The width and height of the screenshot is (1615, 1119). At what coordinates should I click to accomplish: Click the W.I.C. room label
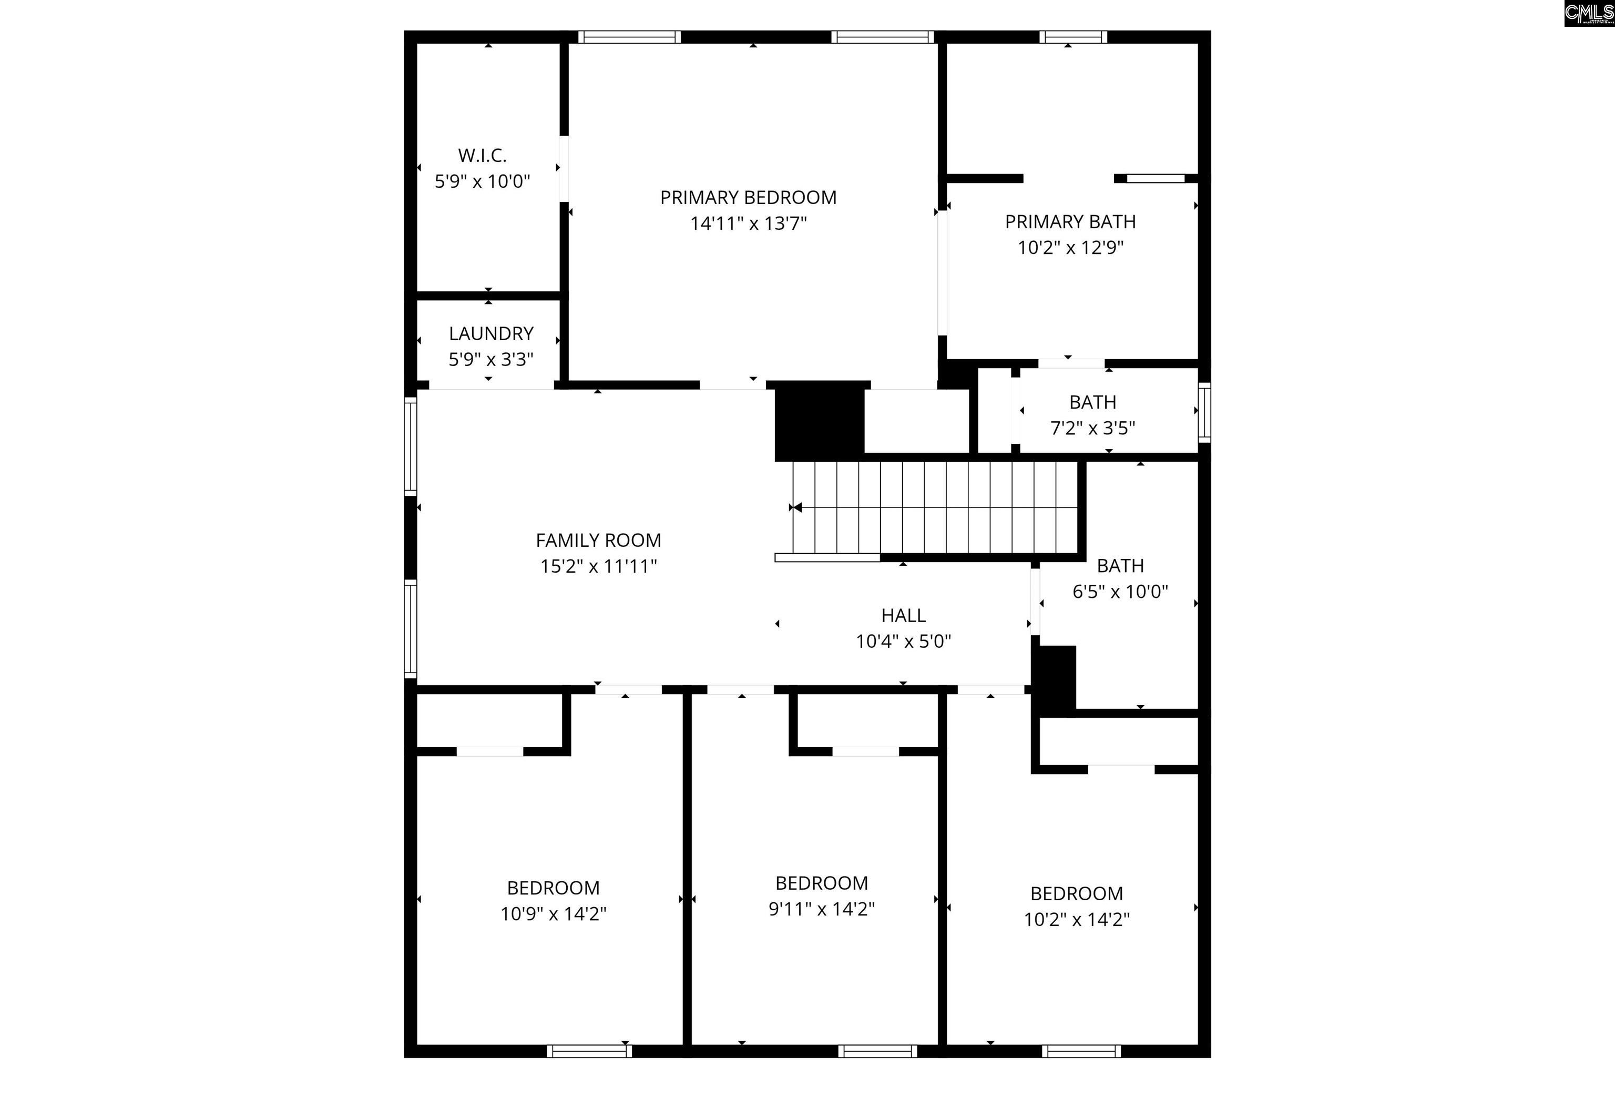tap(482, 155)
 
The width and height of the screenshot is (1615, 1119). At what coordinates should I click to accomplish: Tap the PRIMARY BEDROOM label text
tap(748, 198)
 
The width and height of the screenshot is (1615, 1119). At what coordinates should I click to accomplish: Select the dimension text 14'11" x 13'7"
tap(748, 223)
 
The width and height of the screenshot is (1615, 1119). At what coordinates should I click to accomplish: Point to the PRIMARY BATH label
tap(1070, 221)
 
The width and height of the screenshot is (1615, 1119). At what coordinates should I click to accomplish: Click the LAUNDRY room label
tap(490, 334)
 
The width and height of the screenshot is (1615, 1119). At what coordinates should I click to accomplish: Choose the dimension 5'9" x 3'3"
tap(490, 360)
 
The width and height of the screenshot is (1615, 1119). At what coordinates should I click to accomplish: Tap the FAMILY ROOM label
tap(598, 541)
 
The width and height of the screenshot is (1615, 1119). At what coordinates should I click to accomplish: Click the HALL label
tap(903, 616)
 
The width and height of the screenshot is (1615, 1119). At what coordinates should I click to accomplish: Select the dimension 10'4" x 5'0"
tap(903, 642)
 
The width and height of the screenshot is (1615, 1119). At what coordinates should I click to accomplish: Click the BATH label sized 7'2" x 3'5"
tap(1092, 402)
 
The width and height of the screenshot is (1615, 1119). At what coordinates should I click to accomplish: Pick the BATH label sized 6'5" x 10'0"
tap(1119, 566)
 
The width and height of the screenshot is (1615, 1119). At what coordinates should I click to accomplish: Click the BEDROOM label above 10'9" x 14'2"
tap(553, 888)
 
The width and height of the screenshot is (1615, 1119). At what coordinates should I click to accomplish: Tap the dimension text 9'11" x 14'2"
tap(822, 909)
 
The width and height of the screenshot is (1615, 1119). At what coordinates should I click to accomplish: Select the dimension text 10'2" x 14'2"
tap(1076, 920)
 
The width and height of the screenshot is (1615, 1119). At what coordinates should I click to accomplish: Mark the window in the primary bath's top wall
tap(1072, 37)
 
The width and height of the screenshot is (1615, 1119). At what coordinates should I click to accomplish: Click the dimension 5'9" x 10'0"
tap(482, 181)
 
